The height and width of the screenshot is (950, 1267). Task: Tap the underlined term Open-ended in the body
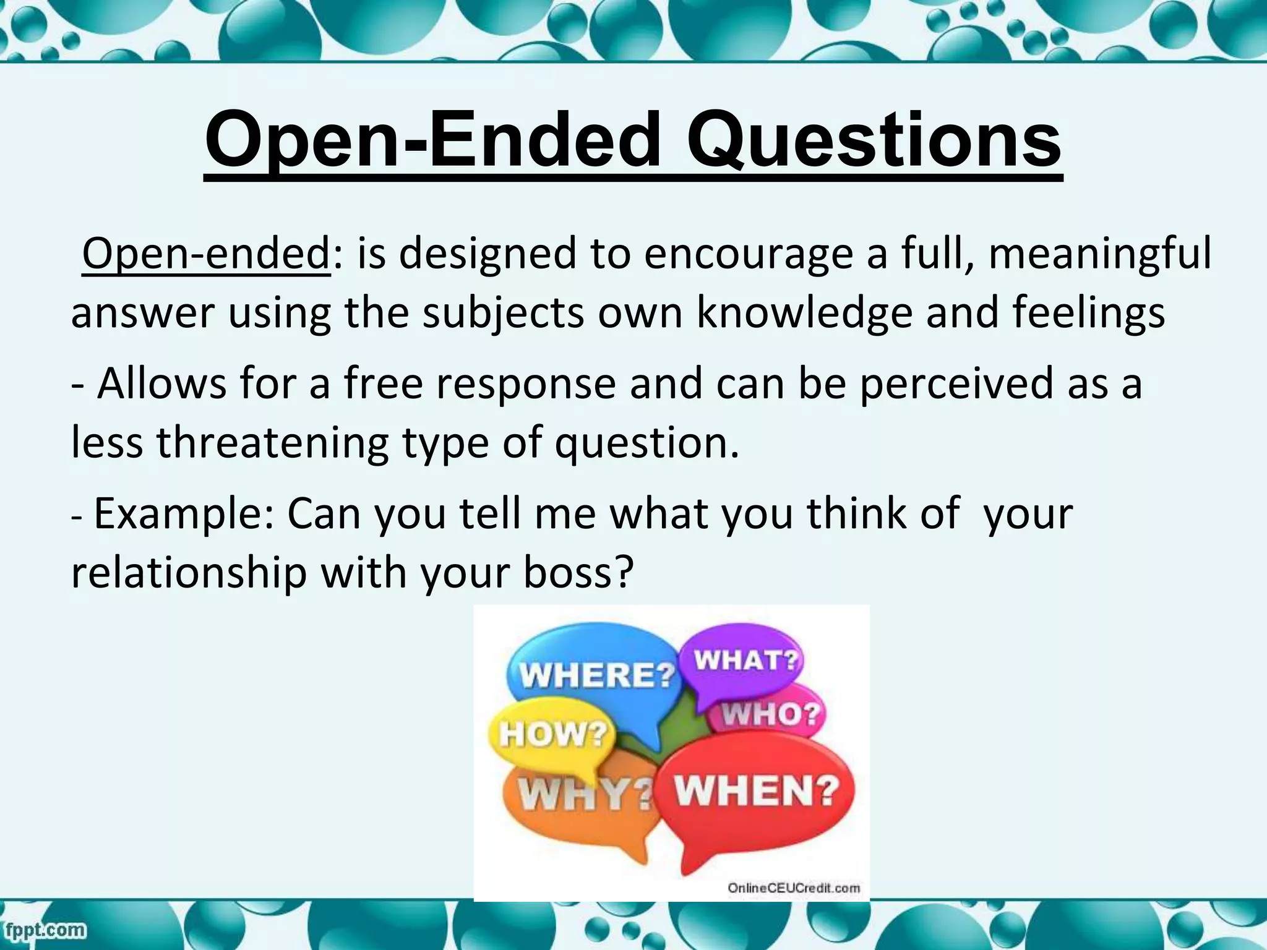tap(206, 254)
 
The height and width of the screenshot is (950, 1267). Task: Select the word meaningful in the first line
tap(1099, 254)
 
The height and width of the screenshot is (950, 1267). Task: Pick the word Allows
tap(162, 383)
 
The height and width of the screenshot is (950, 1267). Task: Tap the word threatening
tap(272, 443)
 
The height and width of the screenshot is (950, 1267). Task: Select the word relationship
tap(189, 573)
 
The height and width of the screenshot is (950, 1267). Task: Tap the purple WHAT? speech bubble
tap(745, 661)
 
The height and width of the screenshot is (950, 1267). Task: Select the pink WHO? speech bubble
tap(771, 715)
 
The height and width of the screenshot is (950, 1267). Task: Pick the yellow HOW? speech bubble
tap(552, 735)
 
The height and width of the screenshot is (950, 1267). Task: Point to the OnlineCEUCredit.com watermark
tap(793, 888)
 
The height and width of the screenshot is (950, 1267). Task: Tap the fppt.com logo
tap(43, 929)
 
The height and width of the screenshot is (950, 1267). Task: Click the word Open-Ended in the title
tap(432, 142)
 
